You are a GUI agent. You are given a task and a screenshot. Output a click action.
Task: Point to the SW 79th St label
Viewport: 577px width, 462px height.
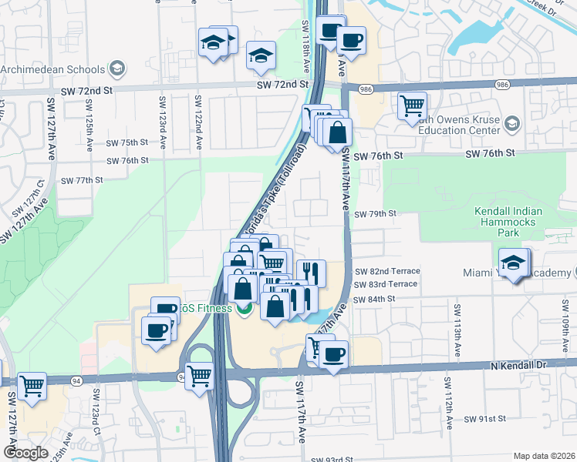click(376, 214)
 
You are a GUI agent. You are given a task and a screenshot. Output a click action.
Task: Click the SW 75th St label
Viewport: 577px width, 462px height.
click(127, 142)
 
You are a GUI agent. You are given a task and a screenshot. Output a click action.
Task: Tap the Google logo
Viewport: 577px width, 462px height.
click(25, 453)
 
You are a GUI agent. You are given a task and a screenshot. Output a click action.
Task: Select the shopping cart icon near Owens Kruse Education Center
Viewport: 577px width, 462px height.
click(413, 105)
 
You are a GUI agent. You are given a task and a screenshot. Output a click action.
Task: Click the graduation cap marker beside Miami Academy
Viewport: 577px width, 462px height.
click(513, 263)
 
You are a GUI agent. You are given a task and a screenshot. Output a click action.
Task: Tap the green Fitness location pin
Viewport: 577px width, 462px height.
click(245, 310)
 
